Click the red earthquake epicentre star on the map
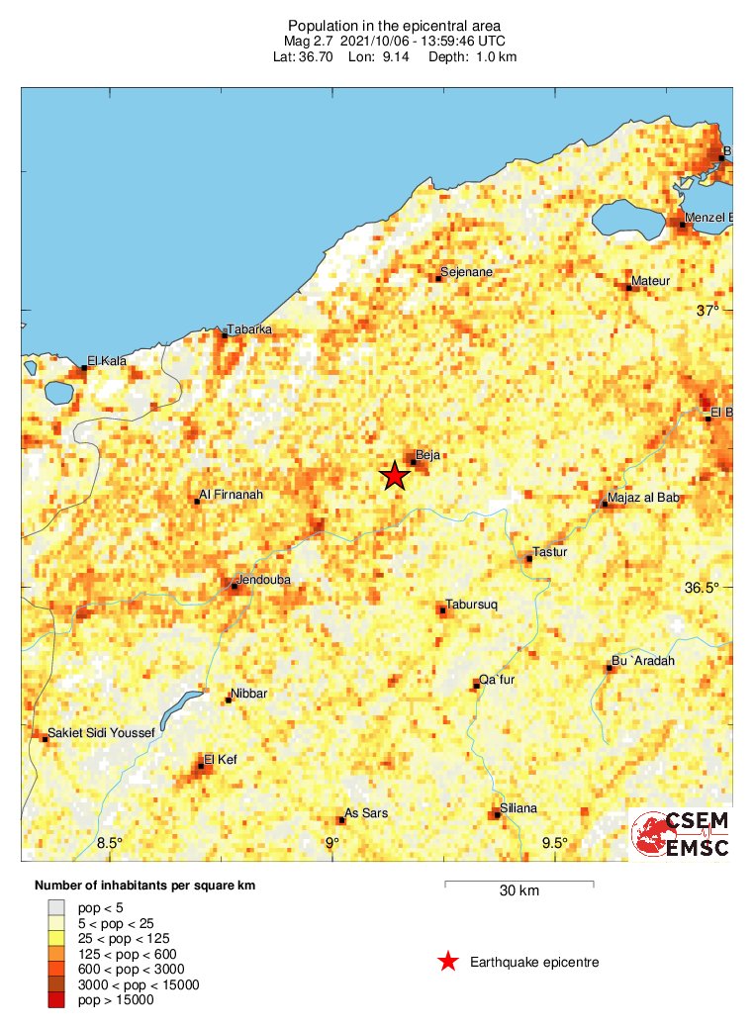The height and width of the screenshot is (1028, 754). coord(395,476)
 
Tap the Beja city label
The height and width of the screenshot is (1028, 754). coord(427,455)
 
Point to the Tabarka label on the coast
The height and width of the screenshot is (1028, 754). coord(249,329)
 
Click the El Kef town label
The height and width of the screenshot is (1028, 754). coord(221,759)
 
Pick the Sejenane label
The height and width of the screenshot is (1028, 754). coord(467,271)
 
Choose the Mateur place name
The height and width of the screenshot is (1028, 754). coord(651,281)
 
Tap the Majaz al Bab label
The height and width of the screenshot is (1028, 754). coord(644,498)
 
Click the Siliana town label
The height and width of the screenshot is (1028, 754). coord(518,808)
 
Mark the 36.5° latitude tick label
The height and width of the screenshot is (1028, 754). coord(704,588)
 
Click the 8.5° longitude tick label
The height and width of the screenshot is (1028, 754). coord(110,843)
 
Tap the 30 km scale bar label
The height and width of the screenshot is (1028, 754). coord(518,891)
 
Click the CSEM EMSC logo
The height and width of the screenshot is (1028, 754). coord(681,834)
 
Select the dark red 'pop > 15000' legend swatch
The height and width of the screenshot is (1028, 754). coord(56,1000)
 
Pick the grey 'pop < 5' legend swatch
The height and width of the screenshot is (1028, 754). coord(56,906)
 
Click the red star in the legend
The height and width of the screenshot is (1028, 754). coord(448,962)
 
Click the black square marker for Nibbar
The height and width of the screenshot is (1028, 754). coord(229,701)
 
